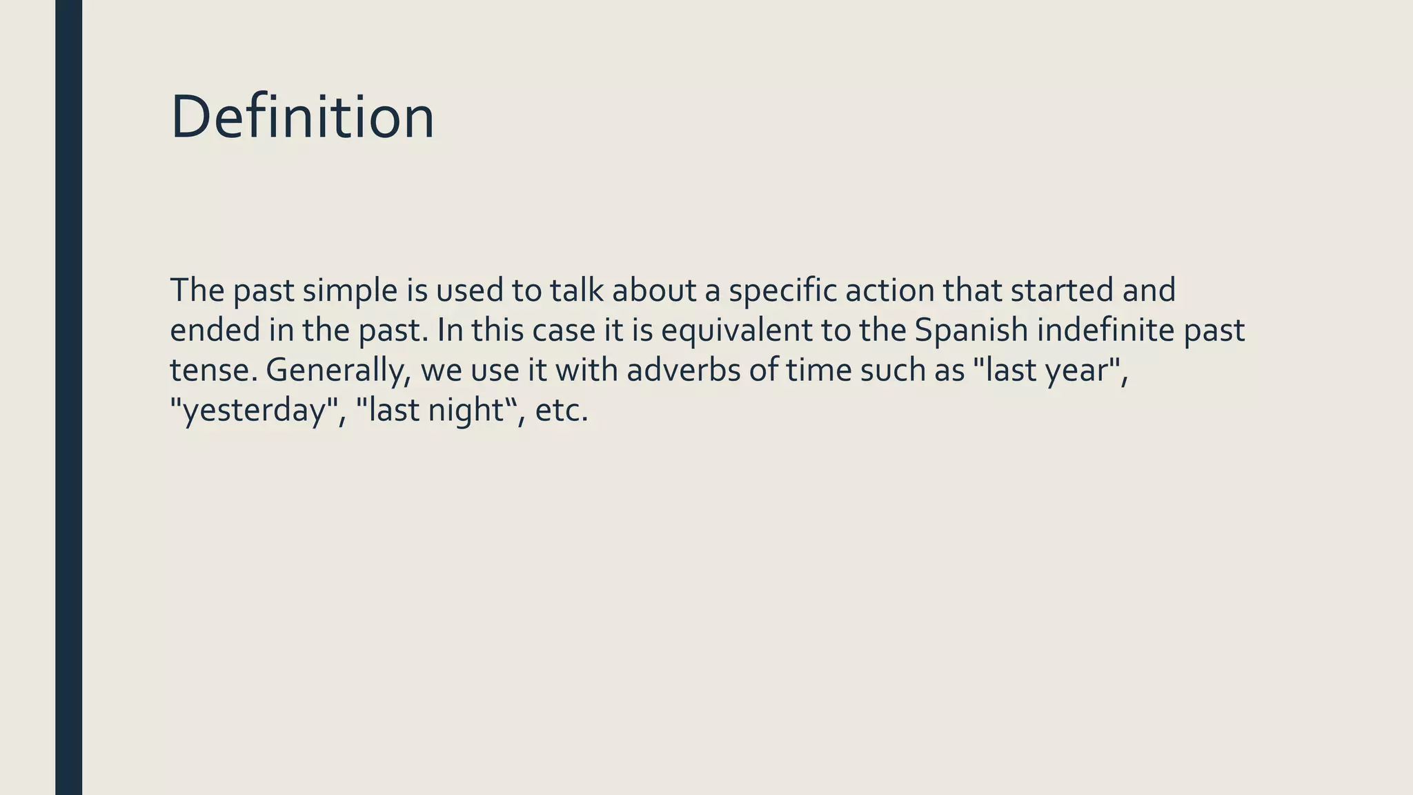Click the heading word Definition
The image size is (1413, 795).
(302, 117)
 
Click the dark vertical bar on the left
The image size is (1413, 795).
(68, 397)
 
